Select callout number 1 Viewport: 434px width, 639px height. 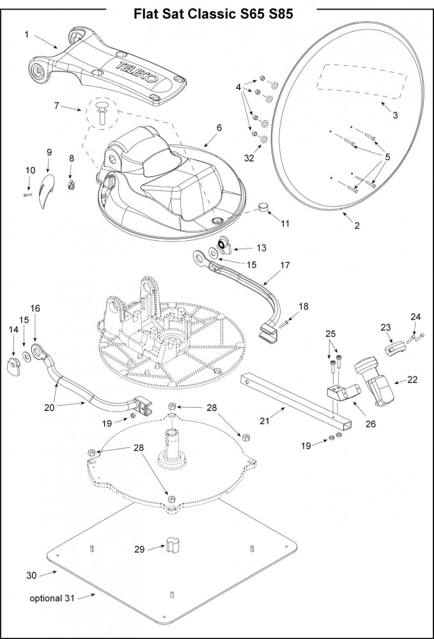[x=26, y=33]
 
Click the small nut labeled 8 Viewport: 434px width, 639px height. [x=72, y=185]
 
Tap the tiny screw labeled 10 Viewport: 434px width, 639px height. [x=27, y=195]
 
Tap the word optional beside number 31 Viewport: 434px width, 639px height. [x=45, y=598]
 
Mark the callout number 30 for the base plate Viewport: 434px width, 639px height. [x=31, y=575]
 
